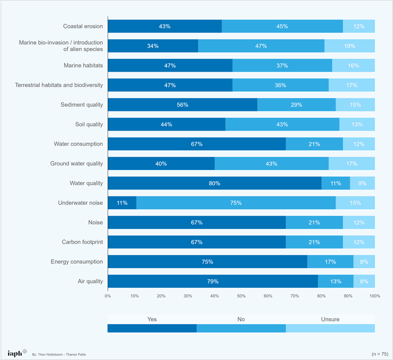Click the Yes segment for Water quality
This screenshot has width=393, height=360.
(215, 183)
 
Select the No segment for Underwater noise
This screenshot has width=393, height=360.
(236, 203)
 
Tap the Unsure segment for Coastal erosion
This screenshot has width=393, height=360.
(359, 27)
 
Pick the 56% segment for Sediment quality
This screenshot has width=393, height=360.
(182, 105)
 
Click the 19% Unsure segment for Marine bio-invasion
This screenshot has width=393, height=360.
(350, 46)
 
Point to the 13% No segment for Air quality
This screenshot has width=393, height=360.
(336, 281)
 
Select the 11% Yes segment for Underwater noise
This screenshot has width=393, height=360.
(122, 203)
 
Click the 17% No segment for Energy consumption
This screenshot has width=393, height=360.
(330, 262)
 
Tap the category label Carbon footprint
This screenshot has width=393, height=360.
(82, 242)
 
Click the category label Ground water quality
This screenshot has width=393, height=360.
(77, 164)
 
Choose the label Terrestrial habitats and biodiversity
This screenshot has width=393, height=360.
(59, 85)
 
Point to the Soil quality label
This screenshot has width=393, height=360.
(89, 124)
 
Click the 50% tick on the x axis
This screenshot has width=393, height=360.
(241, 296)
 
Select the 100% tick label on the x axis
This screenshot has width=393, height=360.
(375, 296)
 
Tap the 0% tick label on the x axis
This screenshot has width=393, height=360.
(108, 296)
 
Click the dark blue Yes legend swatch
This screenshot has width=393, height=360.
(152, 328)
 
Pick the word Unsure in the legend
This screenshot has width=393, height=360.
(330, 319)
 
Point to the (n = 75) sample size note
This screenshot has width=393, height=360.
(380, 354)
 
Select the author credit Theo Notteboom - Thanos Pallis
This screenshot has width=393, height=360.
(59, 355)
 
